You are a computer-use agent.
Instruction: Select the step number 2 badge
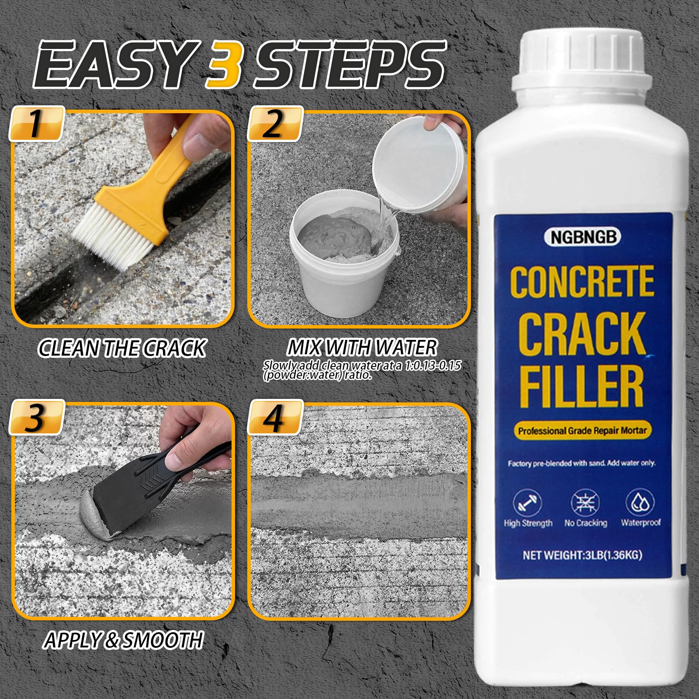tap(275, 124)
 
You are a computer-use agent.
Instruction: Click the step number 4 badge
tap(275, 418)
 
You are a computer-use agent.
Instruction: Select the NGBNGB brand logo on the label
tap(582, 237)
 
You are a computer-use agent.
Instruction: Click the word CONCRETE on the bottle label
tap(582, 282)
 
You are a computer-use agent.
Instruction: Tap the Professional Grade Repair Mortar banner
tap(582, 431)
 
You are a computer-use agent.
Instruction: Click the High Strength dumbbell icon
tap(527, 503)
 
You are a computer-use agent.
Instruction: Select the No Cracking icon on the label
tap(585, 503)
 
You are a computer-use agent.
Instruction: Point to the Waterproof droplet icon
tap(640, 502)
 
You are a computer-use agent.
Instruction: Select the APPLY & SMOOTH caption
tap(123, 640)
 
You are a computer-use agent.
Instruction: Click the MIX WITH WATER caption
tap(362, 348)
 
